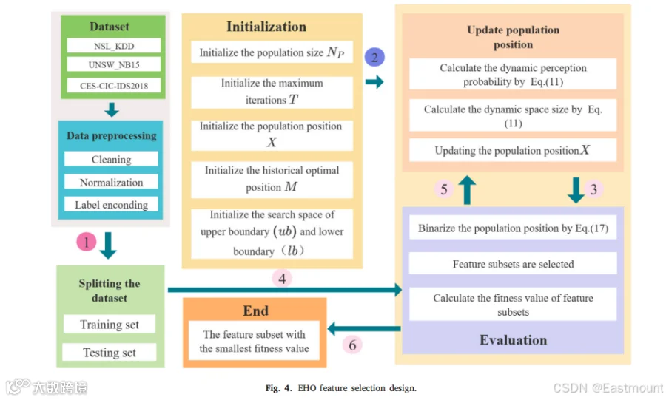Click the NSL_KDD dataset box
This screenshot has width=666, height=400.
(x=114, y=46)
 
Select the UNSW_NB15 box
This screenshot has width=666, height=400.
(x=114, y=64)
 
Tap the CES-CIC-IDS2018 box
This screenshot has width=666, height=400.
(x=114, y=85)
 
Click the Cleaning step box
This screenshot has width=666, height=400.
(x=111, y=159)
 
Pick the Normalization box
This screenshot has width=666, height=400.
(x=111, y=182)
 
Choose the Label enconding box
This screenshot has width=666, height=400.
(x=111, y=205)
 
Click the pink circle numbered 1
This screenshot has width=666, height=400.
(x=87, y=242)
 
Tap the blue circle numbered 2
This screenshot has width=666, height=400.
(x=374, y=57)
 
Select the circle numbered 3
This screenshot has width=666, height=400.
(x=593, y=189)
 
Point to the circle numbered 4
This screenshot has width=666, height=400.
(x=282, y=279)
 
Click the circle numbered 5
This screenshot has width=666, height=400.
(x=444, y=189)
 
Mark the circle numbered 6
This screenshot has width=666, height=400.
(x=352, y=345)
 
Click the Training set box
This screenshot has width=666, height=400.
(x=110, y=324)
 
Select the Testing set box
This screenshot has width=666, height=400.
(x=110, y=352)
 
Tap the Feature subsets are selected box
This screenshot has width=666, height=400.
(x=513, y=264)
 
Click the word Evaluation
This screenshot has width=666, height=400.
(x=513, y=340)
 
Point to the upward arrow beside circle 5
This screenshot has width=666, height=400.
(x=467, y=190)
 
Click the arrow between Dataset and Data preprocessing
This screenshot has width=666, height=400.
(x=112, y=109)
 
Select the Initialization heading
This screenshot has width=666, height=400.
(x=266, y=27)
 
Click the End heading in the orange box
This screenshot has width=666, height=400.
(x=256, y=311)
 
